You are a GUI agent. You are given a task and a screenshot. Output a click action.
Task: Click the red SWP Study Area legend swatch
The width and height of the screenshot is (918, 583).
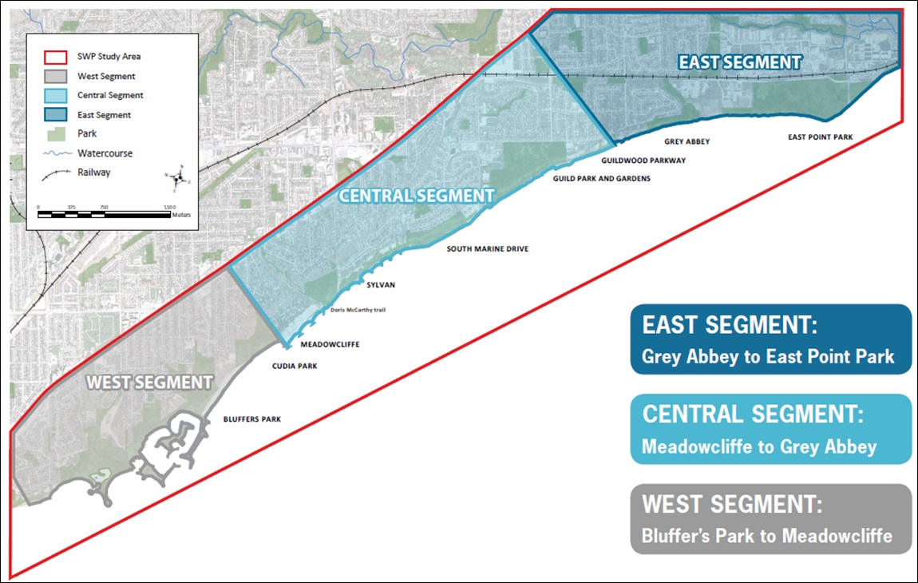[x=56, y=57]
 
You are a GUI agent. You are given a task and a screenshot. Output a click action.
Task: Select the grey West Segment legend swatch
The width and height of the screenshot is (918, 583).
[x=56, y=77]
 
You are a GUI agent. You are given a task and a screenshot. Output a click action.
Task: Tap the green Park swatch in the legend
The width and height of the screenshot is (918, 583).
[x=56, y=133]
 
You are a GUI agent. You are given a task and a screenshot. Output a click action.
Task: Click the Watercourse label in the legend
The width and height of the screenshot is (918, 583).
[x=105, y=153]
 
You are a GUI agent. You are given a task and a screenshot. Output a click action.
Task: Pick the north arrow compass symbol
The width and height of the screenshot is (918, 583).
[x=180, y=180]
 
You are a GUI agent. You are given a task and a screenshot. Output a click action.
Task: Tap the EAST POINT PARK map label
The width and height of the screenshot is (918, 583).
[x=820, y=137]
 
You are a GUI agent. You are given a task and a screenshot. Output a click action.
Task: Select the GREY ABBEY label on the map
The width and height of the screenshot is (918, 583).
[x=687, y=141]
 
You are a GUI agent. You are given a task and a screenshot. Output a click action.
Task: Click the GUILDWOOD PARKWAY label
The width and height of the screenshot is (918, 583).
[x=643, y=161]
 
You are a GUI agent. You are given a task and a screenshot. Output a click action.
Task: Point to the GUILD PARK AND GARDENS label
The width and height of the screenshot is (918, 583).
[x=602, y=179]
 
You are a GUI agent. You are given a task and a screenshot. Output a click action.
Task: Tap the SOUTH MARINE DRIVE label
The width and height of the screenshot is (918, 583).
[x=487, y=249]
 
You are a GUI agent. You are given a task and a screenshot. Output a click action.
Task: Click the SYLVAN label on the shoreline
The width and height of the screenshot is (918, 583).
[x=381, y=284]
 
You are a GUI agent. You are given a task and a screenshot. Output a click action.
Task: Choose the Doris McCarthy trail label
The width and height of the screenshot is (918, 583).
[x=358, y=310]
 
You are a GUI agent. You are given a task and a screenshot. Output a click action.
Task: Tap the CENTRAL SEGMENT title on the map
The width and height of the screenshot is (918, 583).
[x=417, y=196]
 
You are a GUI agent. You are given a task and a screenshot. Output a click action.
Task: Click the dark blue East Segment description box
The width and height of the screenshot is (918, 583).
[x=770, y=339]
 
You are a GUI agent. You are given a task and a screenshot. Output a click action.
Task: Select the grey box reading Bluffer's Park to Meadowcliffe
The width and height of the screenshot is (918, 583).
[x=770, y=519]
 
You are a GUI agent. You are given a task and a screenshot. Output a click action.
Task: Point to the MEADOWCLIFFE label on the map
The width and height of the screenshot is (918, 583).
[x=330, y=345]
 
